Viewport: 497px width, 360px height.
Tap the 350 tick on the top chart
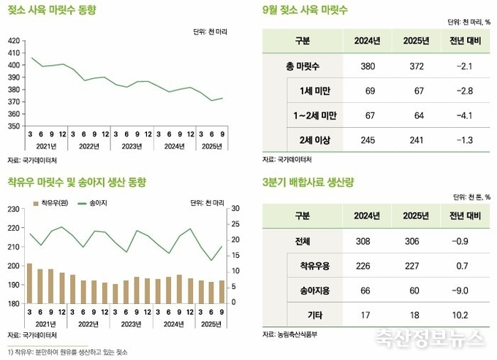tap(14, 126)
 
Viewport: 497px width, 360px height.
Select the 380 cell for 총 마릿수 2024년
tap(368, 66)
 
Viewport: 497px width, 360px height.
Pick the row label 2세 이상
tap(316, 139)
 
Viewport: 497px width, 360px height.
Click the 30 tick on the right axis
tap(214, 210)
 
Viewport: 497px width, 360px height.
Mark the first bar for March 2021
tap(29, 283)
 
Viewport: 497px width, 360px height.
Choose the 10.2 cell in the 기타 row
tap(464, 315)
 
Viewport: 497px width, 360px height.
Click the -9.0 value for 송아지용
tap(464, 290)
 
